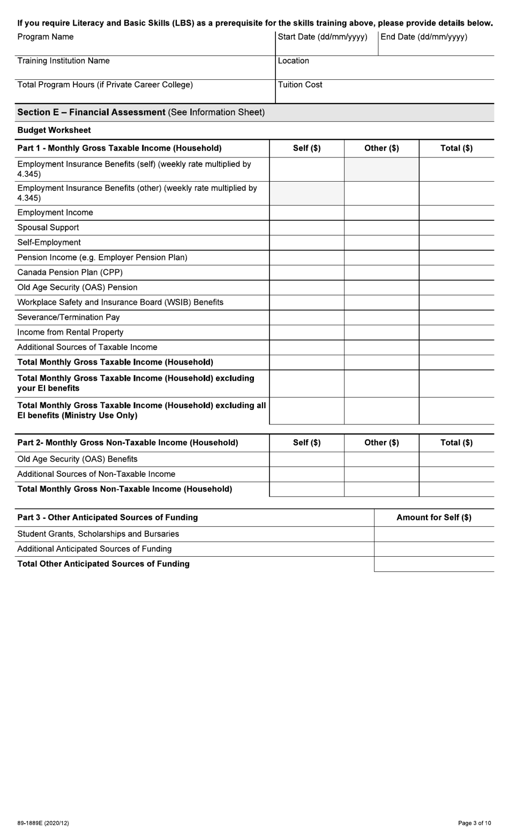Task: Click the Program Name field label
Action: click(46, 37)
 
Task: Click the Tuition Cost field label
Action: click(300, 85)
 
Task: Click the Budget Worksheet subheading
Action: click(54, 130)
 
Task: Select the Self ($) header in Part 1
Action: click(306, 148)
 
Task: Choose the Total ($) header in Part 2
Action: click(456, 443)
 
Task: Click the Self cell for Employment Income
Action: click(306, 213)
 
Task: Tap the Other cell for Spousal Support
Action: click(381, 228)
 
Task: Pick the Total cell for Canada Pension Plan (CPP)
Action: click(456, 273)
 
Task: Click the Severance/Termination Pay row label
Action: click(69, 317)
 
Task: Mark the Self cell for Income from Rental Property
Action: click(306, 332)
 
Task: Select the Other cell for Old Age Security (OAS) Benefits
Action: click(381, 459)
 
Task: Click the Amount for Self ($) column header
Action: click(433, 518)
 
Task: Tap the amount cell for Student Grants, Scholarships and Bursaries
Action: click(433, 534)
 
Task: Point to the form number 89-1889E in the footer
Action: click(43, 823)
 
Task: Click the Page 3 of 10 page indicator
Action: click(474, 823)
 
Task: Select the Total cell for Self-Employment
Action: click(456, 243)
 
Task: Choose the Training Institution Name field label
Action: click(63, 61)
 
